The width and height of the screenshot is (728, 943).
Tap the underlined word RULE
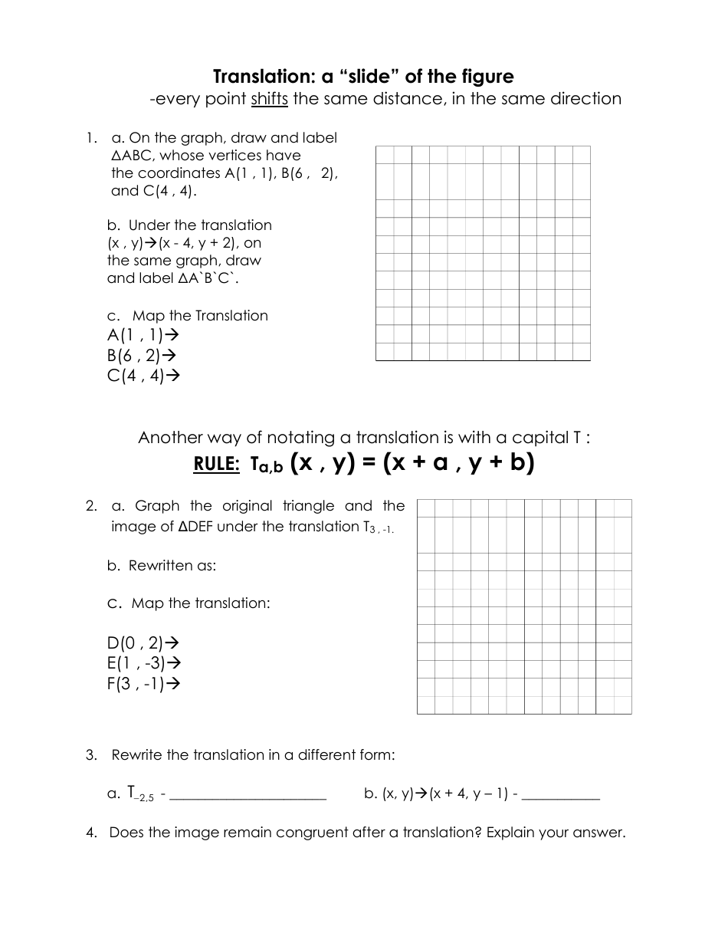tap(217, 465)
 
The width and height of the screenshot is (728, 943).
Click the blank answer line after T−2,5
tap(248, 797)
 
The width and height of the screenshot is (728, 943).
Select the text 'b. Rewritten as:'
tap(162, 566)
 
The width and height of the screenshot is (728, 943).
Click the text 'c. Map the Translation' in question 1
tap(188, 316)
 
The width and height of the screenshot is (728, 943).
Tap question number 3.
tap(92, 755)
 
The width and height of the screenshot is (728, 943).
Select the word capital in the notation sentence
tap(541, 438)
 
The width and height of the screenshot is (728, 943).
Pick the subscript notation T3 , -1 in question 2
tap(378, 528)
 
